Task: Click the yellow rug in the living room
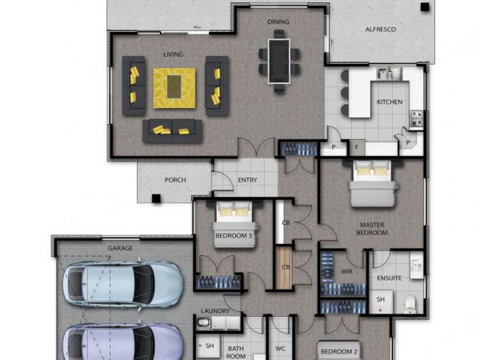(174, 88)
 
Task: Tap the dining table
(279, 61)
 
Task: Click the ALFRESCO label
(381, 30)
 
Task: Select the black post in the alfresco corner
(425, 7)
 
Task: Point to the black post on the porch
(156, 198)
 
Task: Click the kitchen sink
(390, 73)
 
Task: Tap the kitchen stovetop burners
(416, 118)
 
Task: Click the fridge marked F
(357, 147)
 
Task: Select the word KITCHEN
(390, 102)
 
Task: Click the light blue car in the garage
(123, 284)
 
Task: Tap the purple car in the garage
(123, 342)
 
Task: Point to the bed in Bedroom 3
(234, 224)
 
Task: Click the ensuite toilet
(410, 304)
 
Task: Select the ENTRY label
(247, 180)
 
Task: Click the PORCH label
(175, 180)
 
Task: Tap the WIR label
(346, 271)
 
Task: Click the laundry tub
(204, 322)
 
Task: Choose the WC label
(280, 348)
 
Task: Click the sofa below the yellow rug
(172, 130)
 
